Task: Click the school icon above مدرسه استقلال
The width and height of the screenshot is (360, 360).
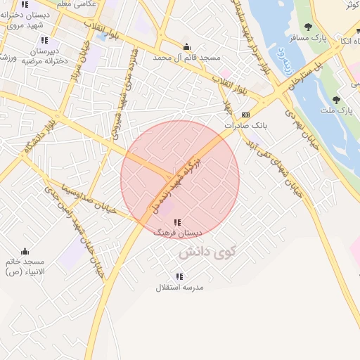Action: coord(178,277)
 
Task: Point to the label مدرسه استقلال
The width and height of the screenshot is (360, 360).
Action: coord(178,288)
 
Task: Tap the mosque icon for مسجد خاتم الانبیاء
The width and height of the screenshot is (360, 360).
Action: coord(25,251)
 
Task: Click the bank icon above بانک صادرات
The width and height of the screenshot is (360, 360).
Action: coord(245,115)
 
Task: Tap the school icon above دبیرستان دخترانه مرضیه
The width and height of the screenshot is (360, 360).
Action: coord(45,41)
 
